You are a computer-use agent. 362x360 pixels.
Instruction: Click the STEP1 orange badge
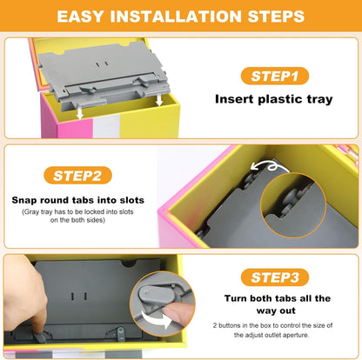click(275, 76)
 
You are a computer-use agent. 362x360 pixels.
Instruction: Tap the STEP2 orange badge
click(77, 176)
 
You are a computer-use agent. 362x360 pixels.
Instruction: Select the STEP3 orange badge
click(275, 277)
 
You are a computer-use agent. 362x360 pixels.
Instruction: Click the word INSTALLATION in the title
click(176, 16)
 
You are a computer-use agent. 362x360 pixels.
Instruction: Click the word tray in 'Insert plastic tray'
click(319, 99)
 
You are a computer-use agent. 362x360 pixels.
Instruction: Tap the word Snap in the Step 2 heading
click(24, 200)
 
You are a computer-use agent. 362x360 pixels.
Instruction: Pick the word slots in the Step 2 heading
click(131, 200)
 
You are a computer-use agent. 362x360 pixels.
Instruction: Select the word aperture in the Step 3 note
click(297, 335)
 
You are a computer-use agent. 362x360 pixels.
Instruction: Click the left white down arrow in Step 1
click(80, 112)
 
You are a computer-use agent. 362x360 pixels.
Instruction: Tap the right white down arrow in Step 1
click(159, 99)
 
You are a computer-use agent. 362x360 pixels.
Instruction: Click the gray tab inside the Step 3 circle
click(156, 294)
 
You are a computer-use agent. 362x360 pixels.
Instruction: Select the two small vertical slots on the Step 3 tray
click(78, 297)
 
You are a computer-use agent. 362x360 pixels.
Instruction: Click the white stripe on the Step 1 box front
click(106, 127)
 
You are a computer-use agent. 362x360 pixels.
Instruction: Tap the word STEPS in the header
click(276, 16)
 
